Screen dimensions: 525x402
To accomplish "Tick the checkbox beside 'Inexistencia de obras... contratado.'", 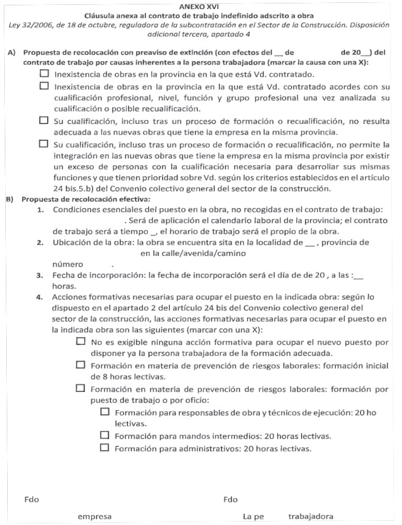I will [45, 74].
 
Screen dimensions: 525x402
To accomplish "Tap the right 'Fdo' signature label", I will [231, 499].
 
